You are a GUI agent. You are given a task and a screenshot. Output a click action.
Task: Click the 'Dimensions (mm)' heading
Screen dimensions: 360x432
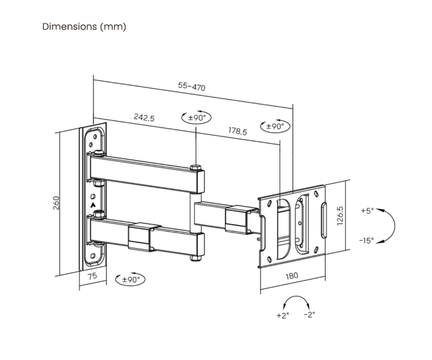point(84,27)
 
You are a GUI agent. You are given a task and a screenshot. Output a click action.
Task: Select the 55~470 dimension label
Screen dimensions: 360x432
point(192,86)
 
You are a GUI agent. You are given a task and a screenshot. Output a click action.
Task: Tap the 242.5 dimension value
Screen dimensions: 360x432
point(144,117)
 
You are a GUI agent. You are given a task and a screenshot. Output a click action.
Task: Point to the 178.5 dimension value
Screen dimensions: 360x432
point(238,131)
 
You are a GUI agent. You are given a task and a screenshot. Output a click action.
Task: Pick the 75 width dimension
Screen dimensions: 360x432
point(93,276)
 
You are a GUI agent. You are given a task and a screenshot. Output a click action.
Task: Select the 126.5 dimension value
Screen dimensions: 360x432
point(340,216)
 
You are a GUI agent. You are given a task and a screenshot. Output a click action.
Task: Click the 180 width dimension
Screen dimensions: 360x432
point(292,276)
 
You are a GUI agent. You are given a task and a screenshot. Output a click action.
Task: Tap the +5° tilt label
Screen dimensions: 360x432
point(367,211)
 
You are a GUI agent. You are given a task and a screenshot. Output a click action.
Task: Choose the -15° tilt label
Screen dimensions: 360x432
point(366,240)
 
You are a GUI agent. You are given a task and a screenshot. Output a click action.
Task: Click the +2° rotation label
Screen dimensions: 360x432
point(283,315)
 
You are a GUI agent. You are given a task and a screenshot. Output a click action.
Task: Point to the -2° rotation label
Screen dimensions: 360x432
point(309,314)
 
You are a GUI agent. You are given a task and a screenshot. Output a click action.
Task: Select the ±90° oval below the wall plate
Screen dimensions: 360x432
point(130,279)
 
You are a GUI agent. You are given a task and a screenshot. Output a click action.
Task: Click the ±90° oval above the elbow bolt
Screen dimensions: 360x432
point(196,117)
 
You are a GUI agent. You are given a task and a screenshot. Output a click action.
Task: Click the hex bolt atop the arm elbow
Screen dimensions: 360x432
point(195,167)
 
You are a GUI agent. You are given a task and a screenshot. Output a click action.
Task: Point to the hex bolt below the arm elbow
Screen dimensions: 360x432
point(195,258)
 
